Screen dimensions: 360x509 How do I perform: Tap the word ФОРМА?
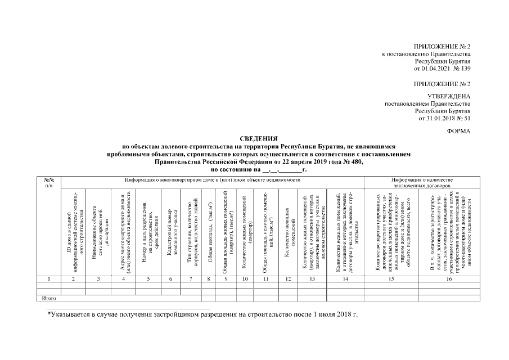pos(458,130)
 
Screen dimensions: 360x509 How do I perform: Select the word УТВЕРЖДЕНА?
pos(449,96)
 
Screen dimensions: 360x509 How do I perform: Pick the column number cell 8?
pos(210,278)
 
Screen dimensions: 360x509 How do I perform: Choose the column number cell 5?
pos(148,278)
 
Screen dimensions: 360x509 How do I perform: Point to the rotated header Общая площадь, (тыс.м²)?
pos(210,231)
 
